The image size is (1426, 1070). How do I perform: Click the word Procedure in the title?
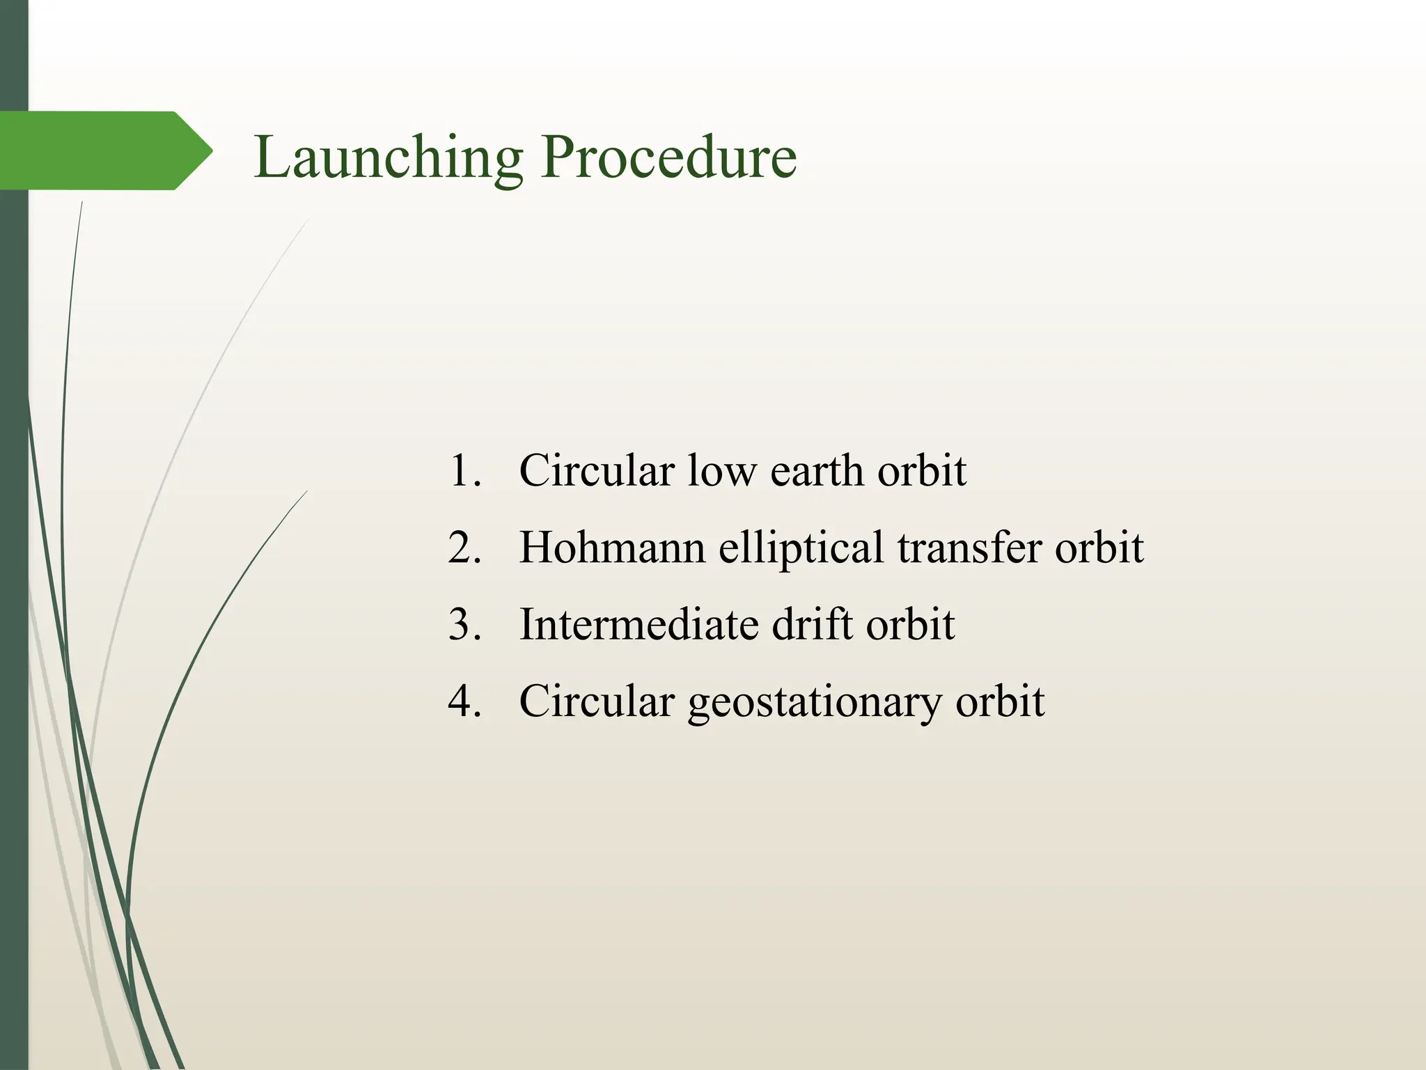[668, 157]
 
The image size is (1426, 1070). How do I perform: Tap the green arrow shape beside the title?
[104, 150]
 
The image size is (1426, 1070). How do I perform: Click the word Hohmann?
[612, 548]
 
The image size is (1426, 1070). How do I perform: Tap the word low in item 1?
[722, 471]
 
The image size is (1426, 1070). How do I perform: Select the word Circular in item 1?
[597, 471]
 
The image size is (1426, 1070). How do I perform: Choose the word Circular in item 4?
[597, 701]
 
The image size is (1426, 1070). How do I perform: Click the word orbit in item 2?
[1099, 548]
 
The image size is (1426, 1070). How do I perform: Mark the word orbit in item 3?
[911, 624]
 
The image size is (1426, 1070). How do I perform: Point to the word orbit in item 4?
[1000, 701]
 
